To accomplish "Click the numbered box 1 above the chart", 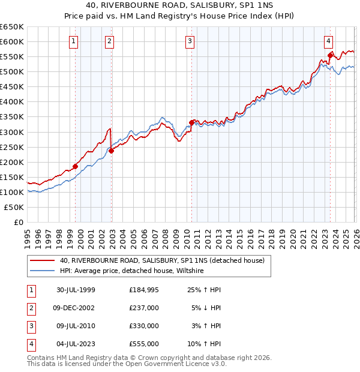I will click(73, 41).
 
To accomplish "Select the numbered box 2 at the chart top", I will click(109, 41).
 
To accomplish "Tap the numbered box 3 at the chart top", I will click(190, 41).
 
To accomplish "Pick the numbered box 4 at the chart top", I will click(329, 41).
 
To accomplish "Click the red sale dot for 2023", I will click(330, 55).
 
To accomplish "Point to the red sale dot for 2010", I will click(191, 122).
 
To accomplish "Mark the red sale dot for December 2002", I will click(111, 151).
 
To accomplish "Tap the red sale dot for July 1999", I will click(76, 166).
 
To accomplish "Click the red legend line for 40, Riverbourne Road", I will click(43, 261).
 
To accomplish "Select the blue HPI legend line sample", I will click(43, 271).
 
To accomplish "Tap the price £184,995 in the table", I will click(144, 290).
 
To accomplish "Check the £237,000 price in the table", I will click(144, 308).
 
